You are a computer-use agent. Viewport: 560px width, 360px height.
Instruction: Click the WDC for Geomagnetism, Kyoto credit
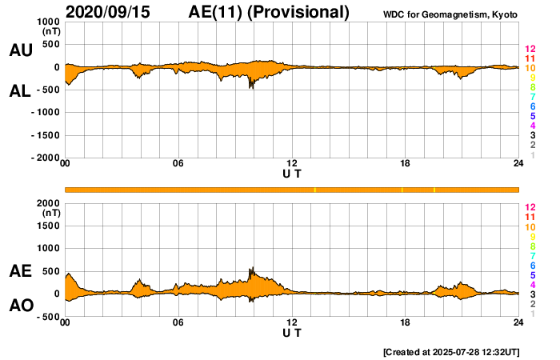point(451,14)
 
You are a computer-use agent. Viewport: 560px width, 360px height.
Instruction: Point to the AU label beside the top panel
point(21,50)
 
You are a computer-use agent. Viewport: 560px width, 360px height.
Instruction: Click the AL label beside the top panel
point(21,90)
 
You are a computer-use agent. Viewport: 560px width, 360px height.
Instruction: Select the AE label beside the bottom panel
point(21,271)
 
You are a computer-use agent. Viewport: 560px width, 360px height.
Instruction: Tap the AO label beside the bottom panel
point(21,306)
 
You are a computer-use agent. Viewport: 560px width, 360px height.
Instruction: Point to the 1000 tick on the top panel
point(47,22)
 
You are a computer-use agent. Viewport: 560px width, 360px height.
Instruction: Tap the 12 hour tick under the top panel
point(292,164)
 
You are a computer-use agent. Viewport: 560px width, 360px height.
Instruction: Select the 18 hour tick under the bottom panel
point(405,322)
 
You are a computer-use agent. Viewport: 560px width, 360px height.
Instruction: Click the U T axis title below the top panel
point(292,173)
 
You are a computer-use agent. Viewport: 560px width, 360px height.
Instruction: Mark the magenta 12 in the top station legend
point(530,50)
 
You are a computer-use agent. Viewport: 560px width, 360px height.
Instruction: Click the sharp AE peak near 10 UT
point(251,268)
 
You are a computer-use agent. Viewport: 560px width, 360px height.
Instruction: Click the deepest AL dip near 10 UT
point(250,87)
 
